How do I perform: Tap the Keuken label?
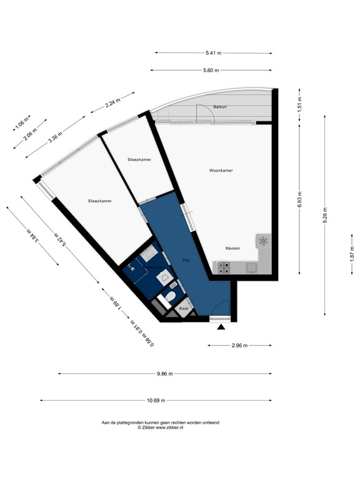(232, 248)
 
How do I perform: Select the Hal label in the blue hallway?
(186, 259)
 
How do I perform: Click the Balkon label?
(219, 107)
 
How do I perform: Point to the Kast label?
(184, 309)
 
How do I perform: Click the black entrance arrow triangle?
(220, 327)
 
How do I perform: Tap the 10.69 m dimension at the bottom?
(156, 401)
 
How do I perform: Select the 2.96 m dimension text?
(240, 345)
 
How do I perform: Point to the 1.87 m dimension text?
(351, 252)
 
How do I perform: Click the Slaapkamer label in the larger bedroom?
(100, 201)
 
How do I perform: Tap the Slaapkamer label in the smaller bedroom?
(139, 159)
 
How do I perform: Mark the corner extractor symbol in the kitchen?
(263, 241)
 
